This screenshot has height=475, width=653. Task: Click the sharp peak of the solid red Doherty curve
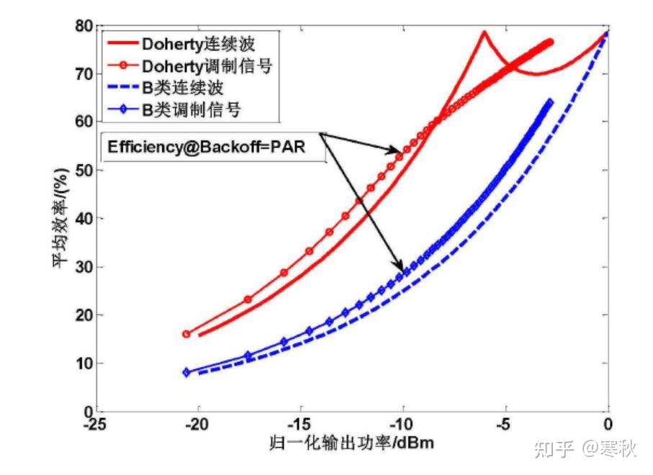[x=484, y=32]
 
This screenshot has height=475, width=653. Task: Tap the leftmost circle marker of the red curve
[x=186, y=334]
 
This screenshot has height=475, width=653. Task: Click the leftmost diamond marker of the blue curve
[x=186, y=372]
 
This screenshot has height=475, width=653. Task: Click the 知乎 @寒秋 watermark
[x=584, y=451]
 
